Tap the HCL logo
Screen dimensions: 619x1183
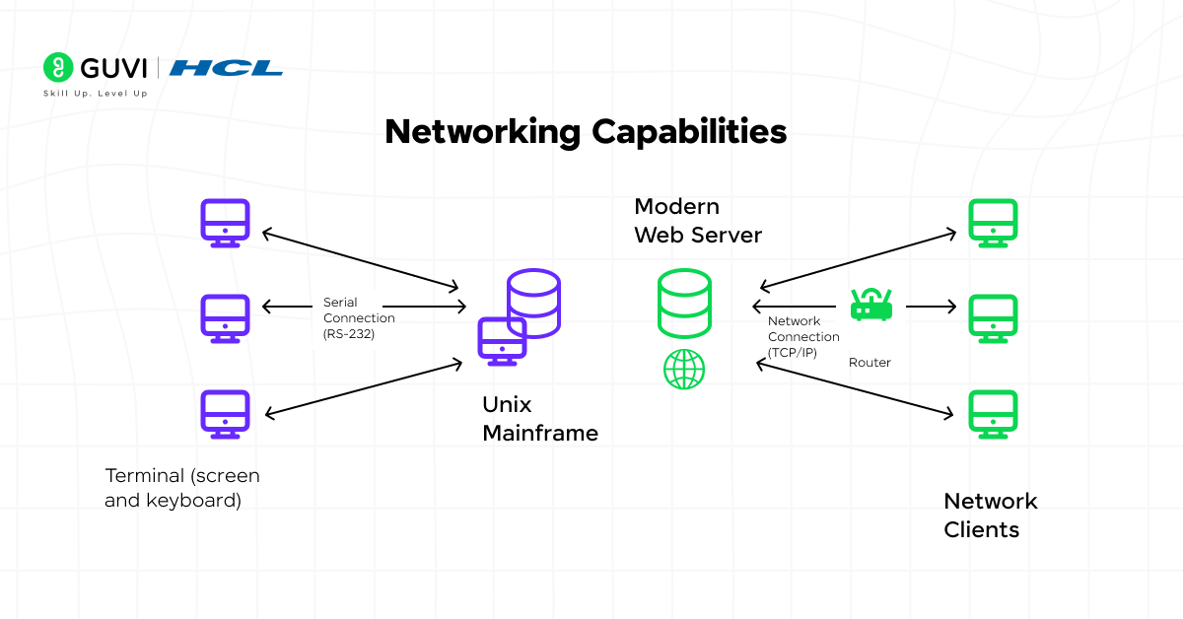pos(226,68)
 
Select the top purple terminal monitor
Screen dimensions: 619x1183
pos(226,223)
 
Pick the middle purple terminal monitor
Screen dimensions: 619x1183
pos(226,318)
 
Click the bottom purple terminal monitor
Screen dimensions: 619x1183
pos(226,414)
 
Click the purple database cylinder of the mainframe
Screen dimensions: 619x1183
pos(533,302)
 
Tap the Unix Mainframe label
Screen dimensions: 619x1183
pos(539,419)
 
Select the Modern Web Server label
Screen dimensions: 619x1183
pos(697,221)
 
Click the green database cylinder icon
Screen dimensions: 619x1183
pos(684,304)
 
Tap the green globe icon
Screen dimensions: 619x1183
pos(684,370)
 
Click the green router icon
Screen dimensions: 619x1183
pos(870,306)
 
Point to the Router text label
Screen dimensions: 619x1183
pos(870,363)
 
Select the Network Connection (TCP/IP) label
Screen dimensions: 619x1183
pos(803,337)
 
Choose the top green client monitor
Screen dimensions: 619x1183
pos(993,223)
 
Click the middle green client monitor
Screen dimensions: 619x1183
pos(993,318)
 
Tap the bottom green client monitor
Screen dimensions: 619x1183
pos(993,414)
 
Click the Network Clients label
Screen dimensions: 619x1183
pos(991,516)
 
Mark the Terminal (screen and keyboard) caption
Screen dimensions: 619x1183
pos(182,488)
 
